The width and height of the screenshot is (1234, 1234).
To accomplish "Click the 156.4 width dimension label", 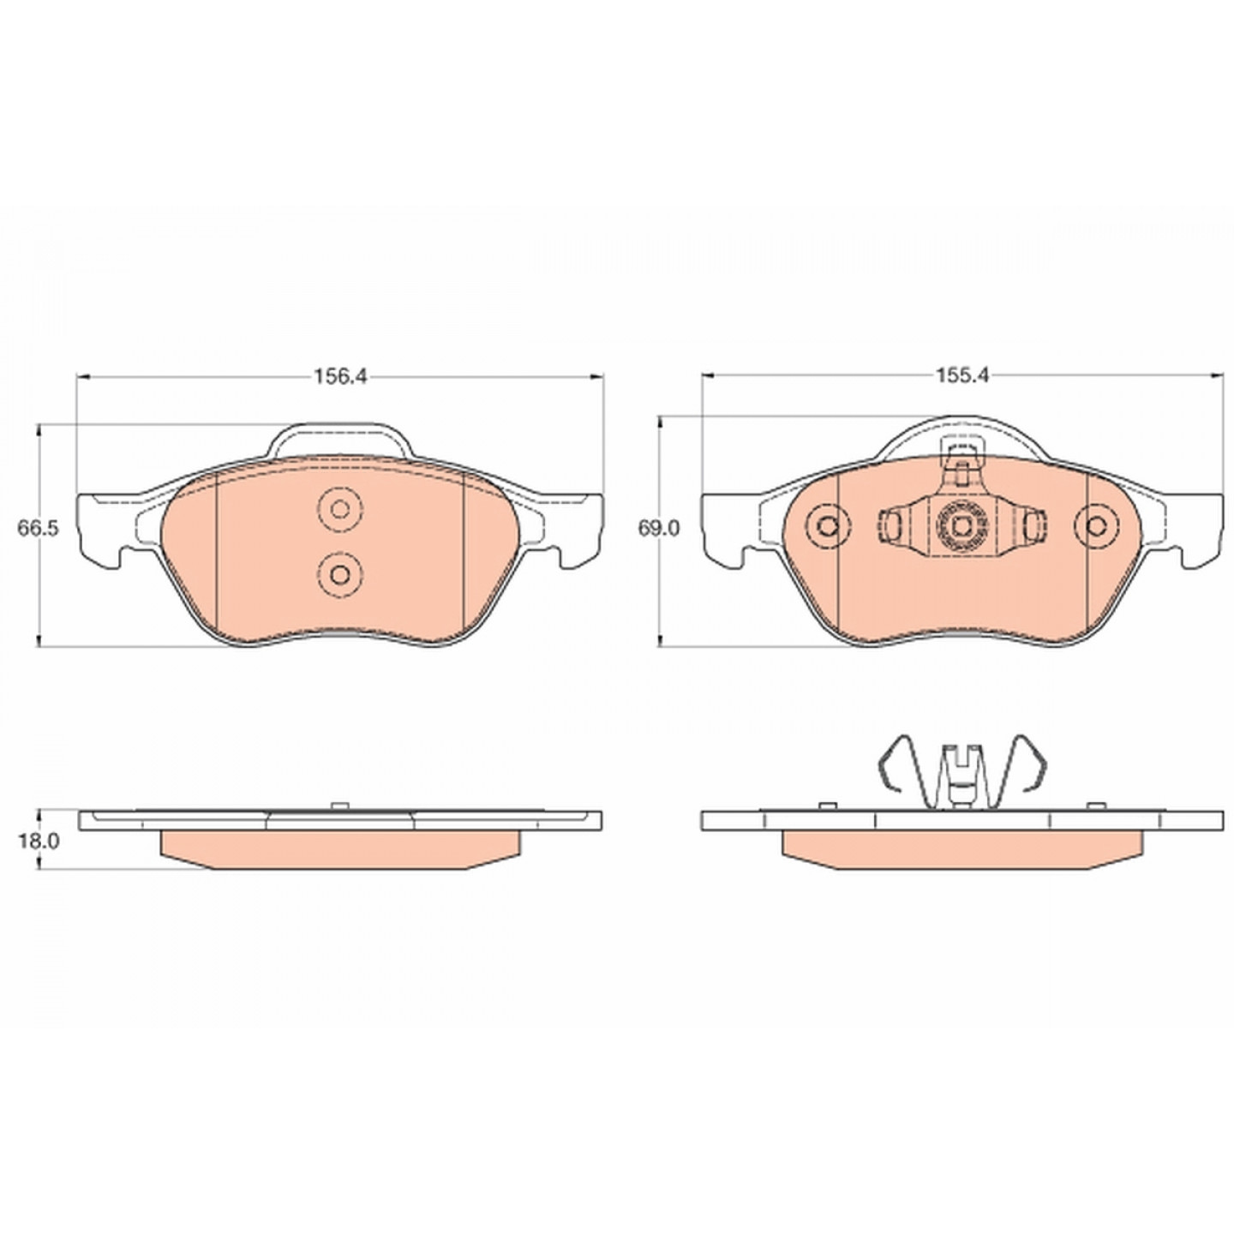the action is tap(339, 376).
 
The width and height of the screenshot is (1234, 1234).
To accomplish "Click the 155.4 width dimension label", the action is tap(962, 375).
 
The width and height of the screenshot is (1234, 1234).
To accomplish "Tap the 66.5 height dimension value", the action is tap(39, 529).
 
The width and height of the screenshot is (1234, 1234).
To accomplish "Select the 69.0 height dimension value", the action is tap(658, 529).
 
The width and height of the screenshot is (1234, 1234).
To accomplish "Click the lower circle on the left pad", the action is tap(340, 574).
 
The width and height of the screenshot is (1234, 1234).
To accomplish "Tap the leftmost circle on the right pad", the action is tap(829, 526).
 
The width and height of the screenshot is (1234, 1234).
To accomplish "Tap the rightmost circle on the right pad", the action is tap(1098, 526).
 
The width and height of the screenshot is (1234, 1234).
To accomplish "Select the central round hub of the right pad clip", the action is tap(961, 527).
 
